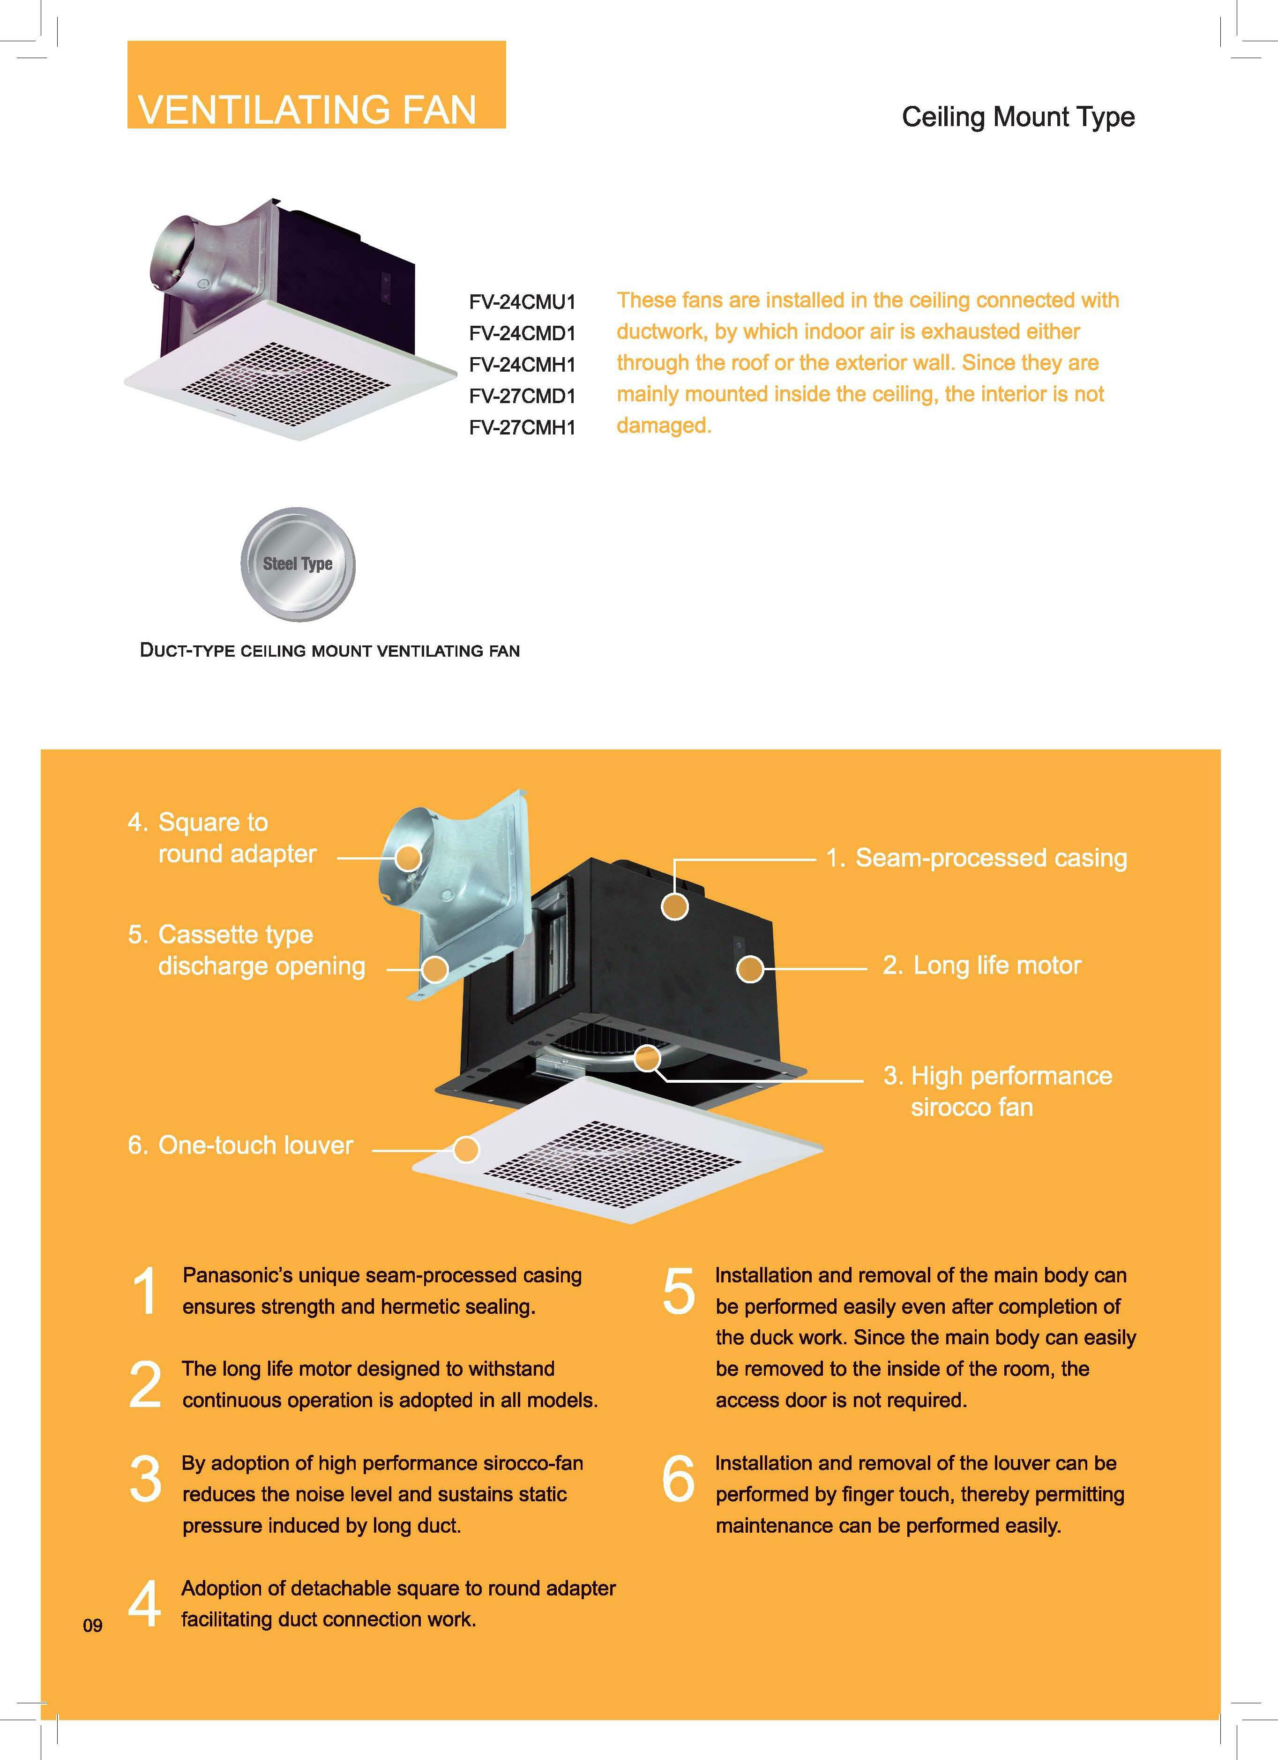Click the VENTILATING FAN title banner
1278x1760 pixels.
[x=317, y=84]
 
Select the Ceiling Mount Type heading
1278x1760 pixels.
[x=1018, y=117]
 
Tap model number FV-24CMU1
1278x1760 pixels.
[x=522, y=301]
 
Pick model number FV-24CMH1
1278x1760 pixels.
[x=522, y=364]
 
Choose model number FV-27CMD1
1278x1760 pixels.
[x=522, y=396]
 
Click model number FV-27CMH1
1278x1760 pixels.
[x=522, y=427]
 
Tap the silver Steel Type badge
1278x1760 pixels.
[x=298, y=564]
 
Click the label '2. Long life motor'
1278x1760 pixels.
[x=982, y=966]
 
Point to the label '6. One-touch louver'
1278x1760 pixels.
[x=240, y=1146]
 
